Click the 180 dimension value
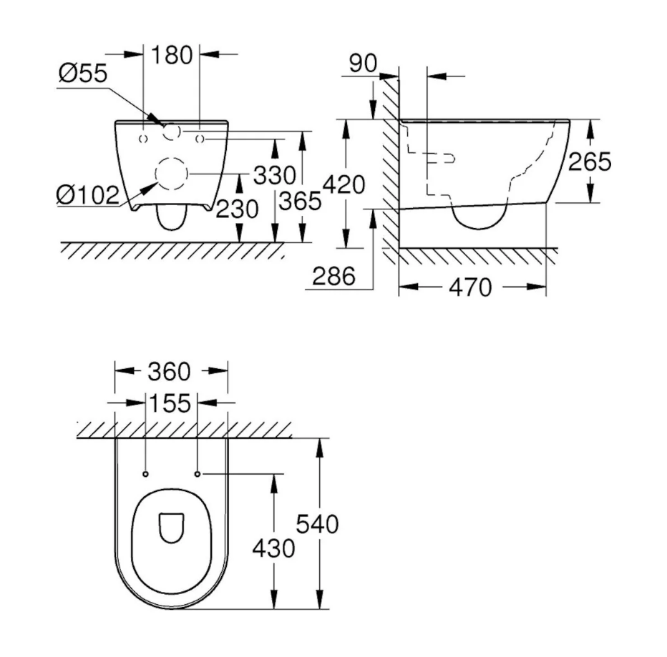pyautogui.click(x=172, y=54)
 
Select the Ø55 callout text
pyautogui.click(x=82, y=74)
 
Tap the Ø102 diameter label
pyautogui.click(x=87, y=194)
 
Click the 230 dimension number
pyautogui.click(x=237, y=209)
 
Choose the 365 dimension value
pyautogui.click(x=301, y=202)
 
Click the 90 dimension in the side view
pyautogui.click(x=363, y=63)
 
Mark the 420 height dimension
pyautogui.click(x=345, y=185)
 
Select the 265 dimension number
pyautogui.click(x=590, y=162)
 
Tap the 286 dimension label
pyautogui.click(x=333, y=276)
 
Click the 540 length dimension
pyautogui.click(x=318, y=524)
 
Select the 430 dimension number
pyautogui.click(x=273, y=548)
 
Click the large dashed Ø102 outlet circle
pyautogui.click(x=170, y=173)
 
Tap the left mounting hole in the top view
pyautogui.click(x=145, y=473)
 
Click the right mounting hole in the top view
pyautogui.click(x=198, y=473)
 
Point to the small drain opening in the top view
pyautogui.click(x=170, y=527)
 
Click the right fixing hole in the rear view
pyautogui.click(x=200, y=137)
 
